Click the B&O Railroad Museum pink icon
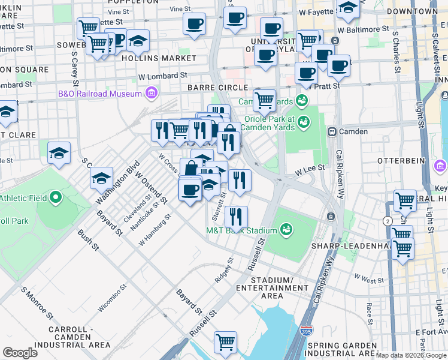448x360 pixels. [151, 94]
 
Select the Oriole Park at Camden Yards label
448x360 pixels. [268, 122]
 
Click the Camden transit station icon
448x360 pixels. [331, 131]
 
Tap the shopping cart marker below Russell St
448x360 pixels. [226, 342]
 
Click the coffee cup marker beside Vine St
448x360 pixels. [194, 24]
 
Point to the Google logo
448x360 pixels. [20, 352]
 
